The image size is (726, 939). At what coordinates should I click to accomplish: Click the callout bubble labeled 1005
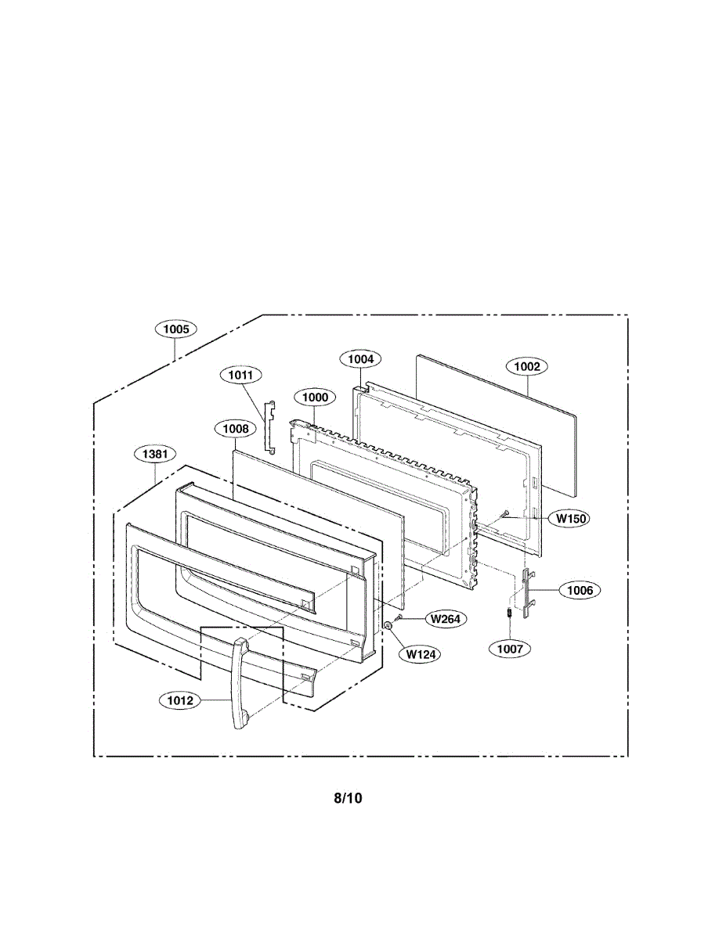[x=175, y=329]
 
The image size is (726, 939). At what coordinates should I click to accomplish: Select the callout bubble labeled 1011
[x=240, y=375]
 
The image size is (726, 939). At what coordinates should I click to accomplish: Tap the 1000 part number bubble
[x=315, y=398]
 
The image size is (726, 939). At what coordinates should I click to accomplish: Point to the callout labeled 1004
[x=360, y=359]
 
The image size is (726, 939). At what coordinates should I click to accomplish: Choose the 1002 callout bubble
[x=526, y=365]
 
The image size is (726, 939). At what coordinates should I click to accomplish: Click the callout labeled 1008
[x=235, y=428]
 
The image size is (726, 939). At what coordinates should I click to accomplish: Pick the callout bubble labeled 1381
[x=155, y=454]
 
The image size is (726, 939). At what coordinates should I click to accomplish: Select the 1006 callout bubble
[x=580, y=591]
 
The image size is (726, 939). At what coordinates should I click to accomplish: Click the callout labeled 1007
[x=510, y=648]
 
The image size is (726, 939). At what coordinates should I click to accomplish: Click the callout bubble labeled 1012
[x=180, y=700]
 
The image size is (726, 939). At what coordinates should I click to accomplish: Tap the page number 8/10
[x=348, y=798]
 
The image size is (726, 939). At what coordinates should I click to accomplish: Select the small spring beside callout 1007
[x=507, y=613]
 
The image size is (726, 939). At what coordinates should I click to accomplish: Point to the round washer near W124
[x=388, y=626]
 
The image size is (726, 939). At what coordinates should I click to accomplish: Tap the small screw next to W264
[x=399, y=618]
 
